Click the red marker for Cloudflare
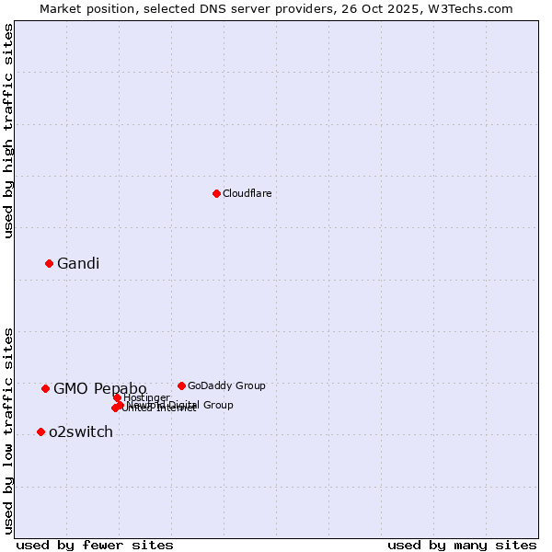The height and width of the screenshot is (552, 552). [x=216, y=193]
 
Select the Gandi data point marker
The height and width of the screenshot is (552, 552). [x=49, y=263]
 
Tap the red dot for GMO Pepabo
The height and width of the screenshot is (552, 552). [x=45, y=388]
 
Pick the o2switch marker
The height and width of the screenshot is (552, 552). [x=40, y=431]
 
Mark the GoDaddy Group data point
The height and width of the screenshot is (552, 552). [x=181, y=385]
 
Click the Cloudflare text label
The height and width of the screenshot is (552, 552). [x=247, y=193]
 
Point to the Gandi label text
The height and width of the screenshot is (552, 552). [x=77, y=263]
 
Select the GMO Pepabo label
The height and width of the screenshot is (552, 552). [x=99, y=388]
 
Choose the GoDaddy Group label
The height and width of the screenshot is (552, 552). [x=225, y=385]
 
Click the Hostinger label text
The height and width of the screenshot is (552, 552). [x=146, y=397]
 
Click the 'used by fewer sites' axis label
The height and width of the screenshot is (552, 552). [x=95, y=545]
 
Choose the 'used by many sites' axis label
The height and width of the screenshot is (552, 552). [x=462, y=545]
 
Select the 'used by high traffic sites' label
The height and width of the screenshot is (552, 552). [x=8, y=131]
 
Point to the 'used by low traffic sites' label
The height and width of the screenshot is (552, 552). [x=8, y=430]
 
